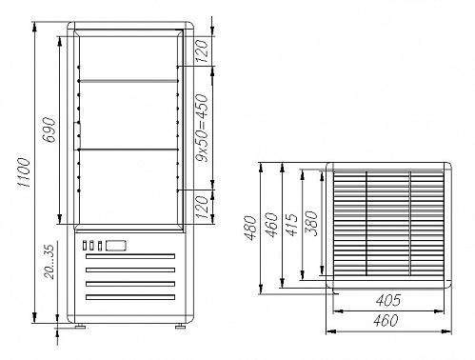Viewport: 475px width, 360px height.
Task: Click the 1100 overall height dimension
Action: [x=24, y=172]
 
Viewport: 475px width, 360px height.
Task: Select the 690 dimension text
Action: [x=49, y=130]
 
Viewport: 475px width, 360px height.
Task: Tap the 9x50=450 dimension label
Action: [x=203, y=128]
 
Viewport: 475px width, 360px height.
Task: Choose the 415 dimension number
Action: [x=291, y=224]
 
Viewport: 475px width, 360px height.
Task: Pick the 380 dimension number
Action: [x=311, y=224]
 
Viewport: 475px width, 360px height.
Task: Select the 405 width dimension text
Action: [x=388, y=300]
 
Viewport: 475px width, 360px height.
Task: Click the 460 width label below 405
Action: [x=386, y=321]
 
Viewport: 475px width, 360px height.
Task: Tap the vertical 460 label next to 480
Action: [x=271, y=225]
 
